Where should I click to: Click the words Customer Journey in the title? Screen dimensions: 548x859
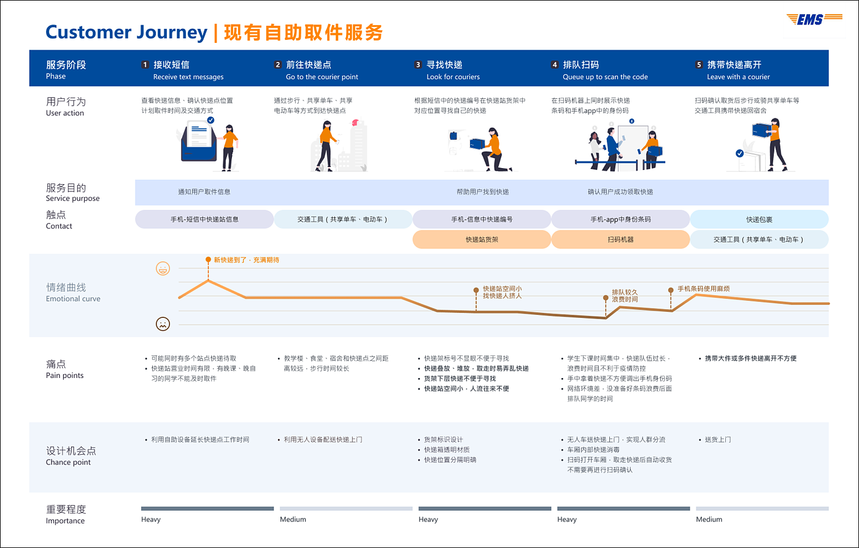click(126, 32)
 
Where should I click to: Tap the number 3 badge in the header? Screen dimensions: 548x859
click(418, 64)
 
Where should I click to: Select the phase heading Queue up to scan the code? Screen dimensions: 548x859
click(605, 77)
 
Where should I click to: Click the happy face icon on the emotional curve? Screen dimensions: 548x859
click(163, 268)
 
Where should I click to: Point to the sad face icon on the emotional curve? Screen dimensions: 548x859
click(163, 323)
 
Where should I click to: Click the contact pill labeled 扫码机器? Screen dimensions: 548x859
click(620, 239)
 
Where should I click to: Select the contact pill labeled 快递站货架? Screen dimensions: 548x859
click(482, 239)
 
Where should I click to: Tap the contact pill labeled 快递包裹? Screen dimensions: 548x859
click(759, 219)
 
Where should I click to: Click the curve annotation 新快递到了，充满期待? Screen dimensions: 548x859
click(246, 260)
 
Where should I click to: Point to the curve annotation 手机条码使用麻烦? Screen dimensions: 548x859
click(703, 289)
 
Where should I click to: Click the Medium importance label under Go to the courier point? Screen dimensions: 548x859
click(293, 520)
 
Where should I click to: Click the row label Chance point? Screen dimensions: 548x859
click(68, 462)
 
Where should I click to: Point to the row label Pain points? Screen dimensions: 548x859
click(64, 376)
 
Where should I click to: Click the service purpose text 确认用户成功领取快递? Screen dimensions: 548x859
click(620, 192)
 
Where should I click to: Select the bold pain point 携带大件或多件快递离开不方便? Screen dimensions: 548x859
click(750, 358)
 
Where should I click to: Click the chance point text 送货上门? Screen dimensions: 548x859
click(717, 439)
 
